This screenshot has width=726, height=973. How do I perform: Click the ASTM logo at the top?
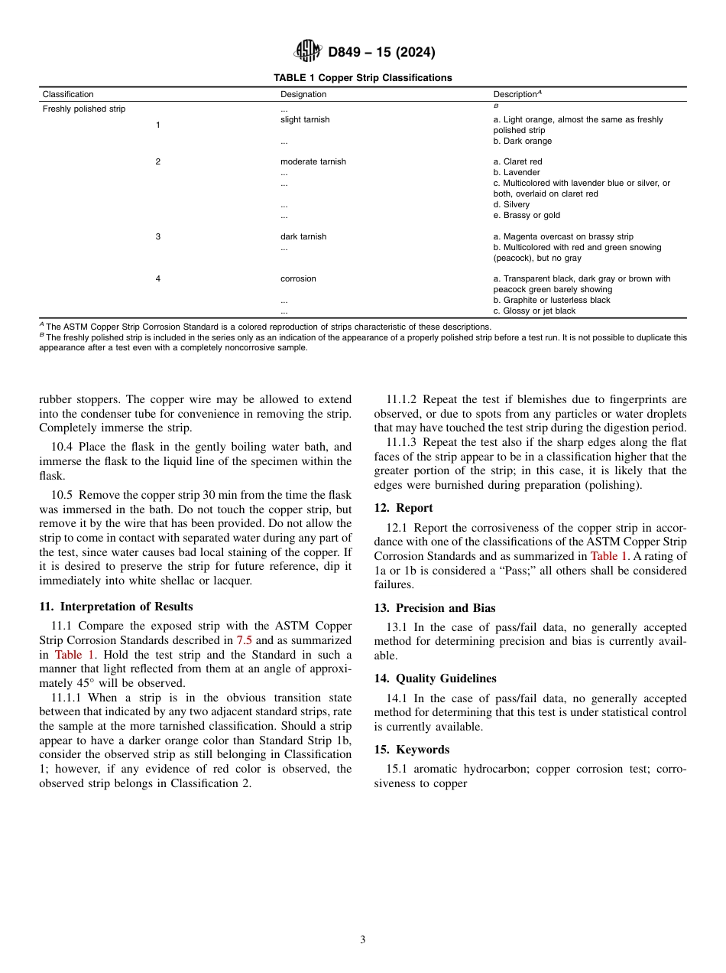coord(308,52)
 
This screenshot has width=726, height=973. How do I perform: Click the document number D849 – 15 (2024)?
coord(381,53)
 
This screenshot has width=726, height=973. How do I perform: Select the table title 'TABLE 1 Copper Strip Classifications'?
coord(362,78)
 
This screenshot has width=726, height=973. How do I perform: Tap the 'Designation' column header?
coord(303,95)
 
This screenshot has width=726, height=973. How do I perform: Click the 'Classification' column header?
coord(68,95)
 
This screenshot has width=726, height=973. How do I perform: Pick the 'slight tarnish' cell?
coord(305,120)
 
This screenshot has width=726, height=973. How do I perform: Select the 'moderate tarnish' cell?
coord(313,162)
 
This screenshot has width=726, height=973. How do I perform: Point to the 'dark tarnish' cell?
coord(303,237)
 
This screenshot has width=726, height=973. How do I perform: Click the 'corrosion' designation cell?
coord(298,279)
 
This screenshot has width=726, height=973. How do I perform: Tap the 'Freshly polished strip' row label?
coord(84,109)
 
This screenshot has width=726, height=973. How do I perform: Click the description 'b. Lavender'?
coord(517,173)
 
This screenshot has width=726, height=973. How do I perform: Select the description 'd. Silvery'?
coord(511,205)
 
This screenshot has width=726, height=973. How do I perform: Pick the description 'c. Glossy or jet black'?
coord(534,311)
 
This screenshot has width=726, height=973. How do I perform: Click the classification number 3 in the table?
coord(158,237)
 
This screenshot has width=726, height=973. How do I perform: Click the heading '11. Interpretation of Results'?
coord(115,607)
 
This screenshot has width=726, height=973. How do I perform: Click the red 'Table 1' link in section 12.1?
coord(608,556)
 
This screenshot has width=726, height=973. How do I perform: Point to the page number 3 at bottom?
coord(363,940)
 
